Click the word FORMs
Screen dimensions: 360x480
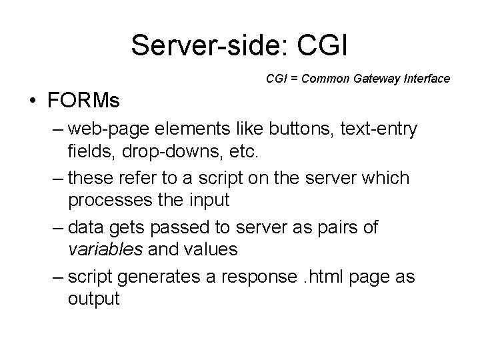(x=83, y=102)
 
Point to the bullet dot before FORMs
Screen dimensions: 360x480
(x=32, y=103)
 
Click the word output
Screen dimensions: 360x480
(x=93, y=297)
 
